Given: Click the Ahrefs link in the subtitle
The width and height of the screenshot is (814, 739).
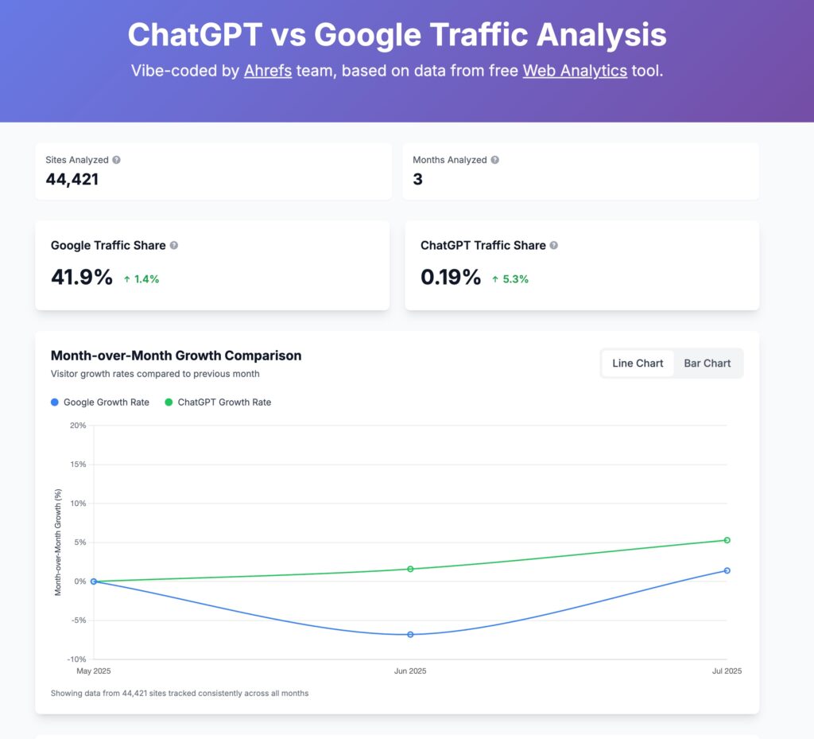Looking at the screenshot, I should (268, 71).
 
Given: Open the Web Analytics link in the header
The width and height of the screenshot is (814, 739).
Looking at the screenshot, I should (575, 71).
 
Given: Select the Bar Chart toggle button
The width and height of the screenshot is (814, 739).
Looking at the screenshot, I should (707, 364).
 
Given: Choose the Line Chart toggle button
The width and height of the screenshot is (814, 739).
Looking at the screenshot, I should (638, 364).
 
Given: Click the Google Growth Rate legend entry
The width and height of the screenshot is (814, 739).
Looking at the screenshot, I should (99, 403).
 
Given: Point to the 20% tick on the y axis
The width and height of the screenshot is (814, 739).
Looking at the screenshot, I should (78, 426).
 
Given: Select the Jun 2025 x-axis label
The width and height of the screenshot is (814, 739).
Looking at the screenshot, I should (410, 671).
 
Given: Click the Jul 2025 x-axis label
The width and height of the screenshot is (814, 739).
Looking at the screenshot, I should (727, 671).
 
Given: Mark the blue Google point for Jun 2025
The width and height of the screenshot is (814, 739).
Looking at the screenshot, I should (410, 635).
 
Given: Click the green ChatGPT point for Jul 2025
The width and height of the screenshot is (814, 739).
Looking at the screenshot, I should (727, 540).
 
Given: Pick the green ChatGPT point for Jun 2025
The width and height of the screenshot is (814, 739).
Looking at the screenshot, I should (410, 569).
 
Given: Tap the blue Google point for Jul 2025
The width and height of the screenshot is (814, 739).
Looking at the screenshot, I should (727, 570).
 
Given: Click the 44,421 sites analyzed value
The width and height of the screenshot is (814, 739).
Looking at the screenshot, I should (72, 180).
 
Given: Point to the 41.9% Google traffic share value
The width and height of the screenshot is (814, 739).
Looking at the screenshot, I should (82, 278).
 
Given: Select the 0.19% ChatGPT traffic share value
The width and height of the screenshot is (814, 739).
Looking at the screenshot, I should (451, 278).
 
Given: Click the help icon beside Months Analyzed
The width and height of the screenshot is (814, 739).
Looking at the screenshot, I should (494, 160).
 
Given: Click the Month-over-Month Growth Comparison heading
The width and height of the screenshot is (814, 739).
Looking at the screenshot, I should (176, 356).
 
